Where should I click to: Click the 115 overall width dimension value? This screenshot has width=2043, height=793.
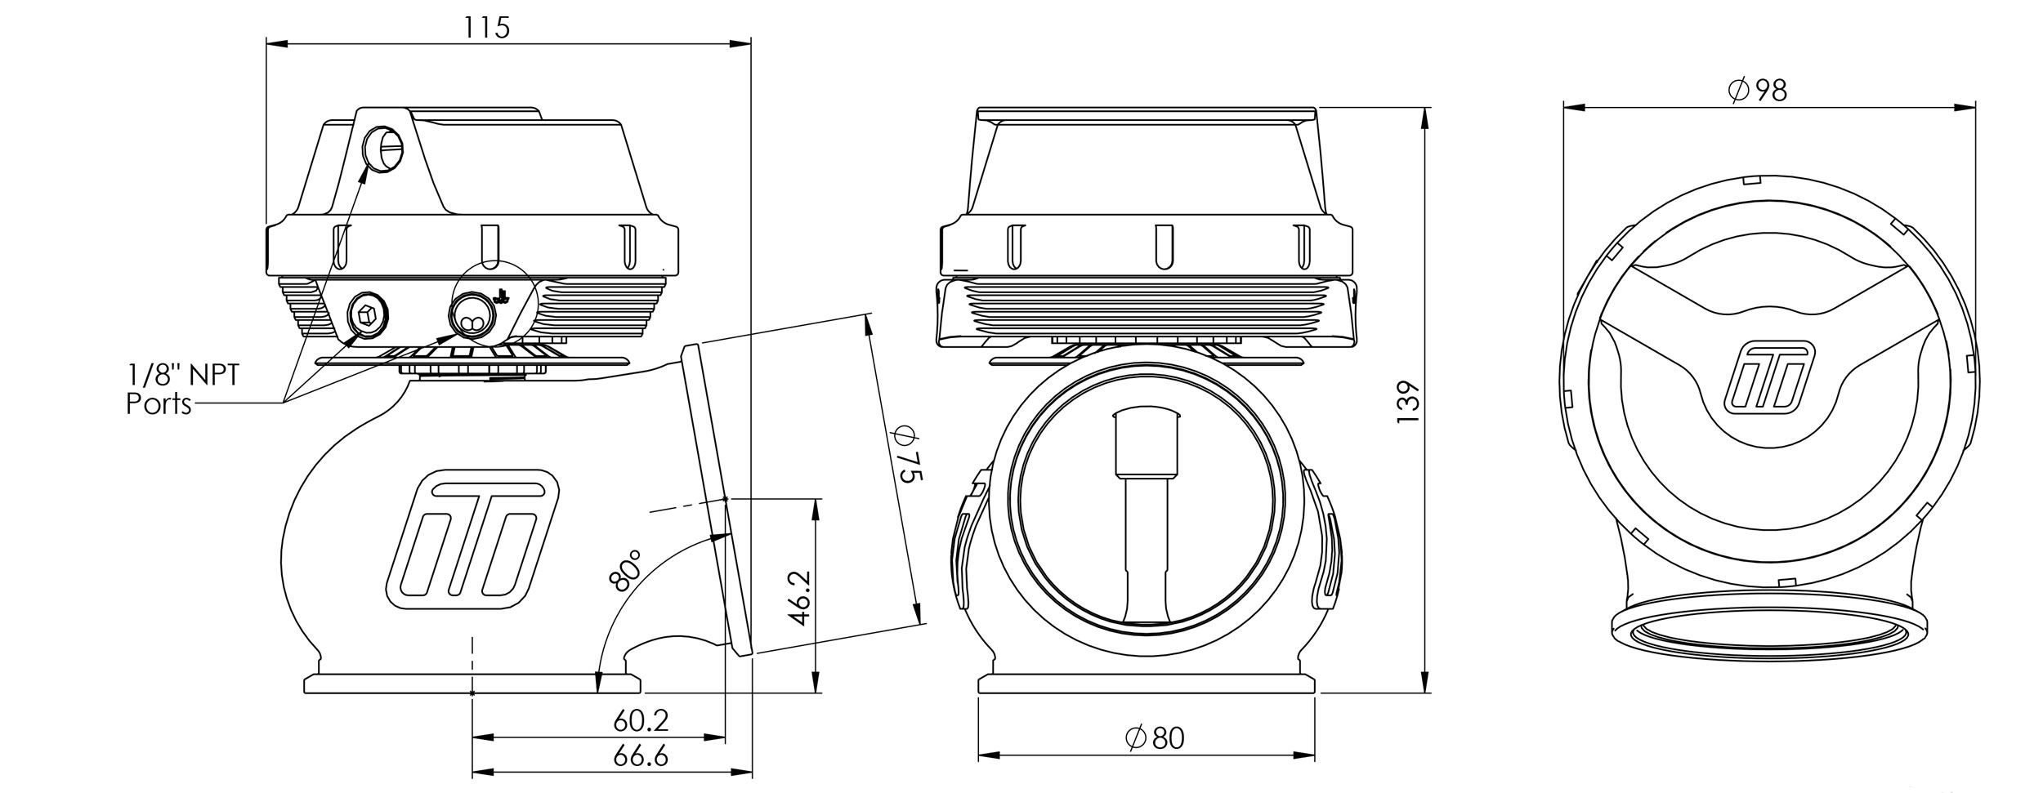click(487, 28)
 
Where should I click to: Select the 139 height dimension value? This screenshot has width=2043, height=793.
click(1407, 400)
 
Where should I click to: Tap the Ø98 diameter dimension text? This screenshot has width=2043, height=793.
click(1759, 90)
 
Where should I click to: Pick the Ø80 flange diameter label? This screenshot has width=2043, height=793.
click(1154, 738)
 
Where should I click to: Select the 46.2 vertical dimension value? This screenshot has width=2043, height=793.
click(801, 598)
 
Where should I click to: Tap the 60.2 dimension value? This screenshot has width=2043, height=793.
click(641, 720)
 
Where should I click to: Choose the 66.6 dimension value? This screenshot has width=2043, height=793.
click(641, 756)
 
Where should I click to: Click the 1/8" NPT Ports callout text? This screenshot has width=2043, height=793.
click(181, 390)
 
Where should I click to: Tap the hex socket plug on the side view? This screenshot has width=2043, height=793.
click(368, 314)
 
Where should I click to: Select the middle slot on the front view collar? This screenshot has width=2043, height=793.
click(1159, 245)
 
